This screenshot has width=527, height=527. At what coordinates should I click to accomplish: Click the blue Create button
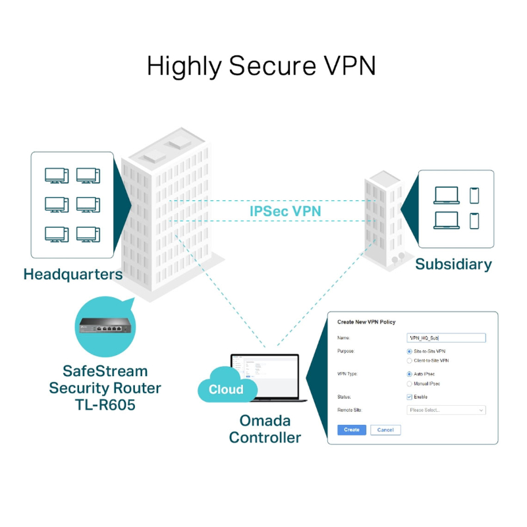[352, 430]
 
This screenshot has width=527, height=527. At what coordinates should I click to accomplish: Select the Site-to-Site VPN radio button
[409, 351]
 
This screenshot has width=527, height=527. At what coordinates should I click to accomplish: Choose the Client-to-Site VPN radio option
[409, 361]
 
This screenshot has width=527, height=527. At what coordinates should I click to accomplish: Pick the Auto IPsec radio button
[409, 374]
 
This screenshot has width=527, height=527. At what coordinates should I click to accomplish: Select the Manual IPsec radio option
[409, 383]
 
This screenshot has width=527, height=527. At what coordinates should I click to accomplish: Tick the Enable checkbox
[409, 397]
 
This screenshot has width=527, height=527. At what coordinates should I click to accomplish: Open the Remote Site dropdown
[446, 410]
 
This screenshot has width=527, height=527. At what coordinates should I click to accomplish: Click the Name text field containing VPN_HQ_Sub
[446, 337]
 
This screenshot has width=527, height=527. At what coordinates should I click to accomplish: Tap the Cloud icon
[225, 389]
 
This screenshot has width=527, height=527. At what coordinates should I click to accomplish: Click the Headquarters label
[72, 274]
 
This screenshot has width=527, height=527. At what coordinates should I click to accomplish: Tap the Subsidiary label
[453, 264]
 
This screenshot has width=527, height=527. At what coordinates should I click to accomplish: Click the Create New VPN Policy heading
[366, 322]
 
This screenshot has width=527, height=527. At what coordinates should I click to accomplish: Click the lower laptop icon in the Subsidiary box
[447, 220]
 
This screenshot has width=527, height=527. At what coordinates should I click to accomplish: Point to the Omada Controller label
[265, 429]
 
